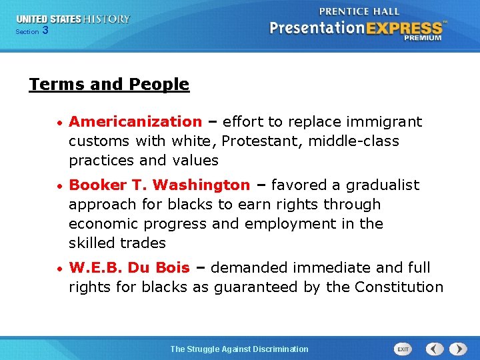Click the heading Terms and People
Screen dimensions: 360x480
pyautogui.click(x=109, y=85)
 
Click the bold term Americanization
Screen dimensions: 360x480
pyautogui.click(x=135, y=122)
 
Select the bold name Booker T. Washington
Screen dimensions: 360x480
pyautogui.click(x=159, y=185)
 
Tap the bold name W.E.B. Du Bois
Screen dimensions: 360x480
pyautogui.click(x=129, y=268)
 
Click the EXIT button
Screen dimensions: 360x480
pyautogui.click(x=403, y=349)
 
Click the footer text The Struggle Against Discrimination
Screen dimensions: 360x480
pyautogui.click(x=239, y=349)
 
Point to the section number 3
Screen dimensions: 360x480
pyautogui.click(x=45, y=30)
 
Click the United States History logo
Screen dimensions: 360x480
pyautogui.click(x=73, y=19)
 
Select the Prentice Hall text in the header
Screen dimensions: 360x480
pyautogui.click(x=359, y=11)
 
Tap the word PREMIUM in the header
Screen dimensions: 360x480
pyautogui.click(x=422, y=39)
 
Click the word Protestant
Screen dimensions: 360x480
pyautogui.click(x=261, y=141)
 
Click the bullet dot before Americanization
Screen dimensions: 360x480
pyautogui.click(x=60, y=123)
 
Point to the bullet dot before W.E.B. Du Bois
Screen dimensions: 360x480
pyautogui.click(x=60, y=269)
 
